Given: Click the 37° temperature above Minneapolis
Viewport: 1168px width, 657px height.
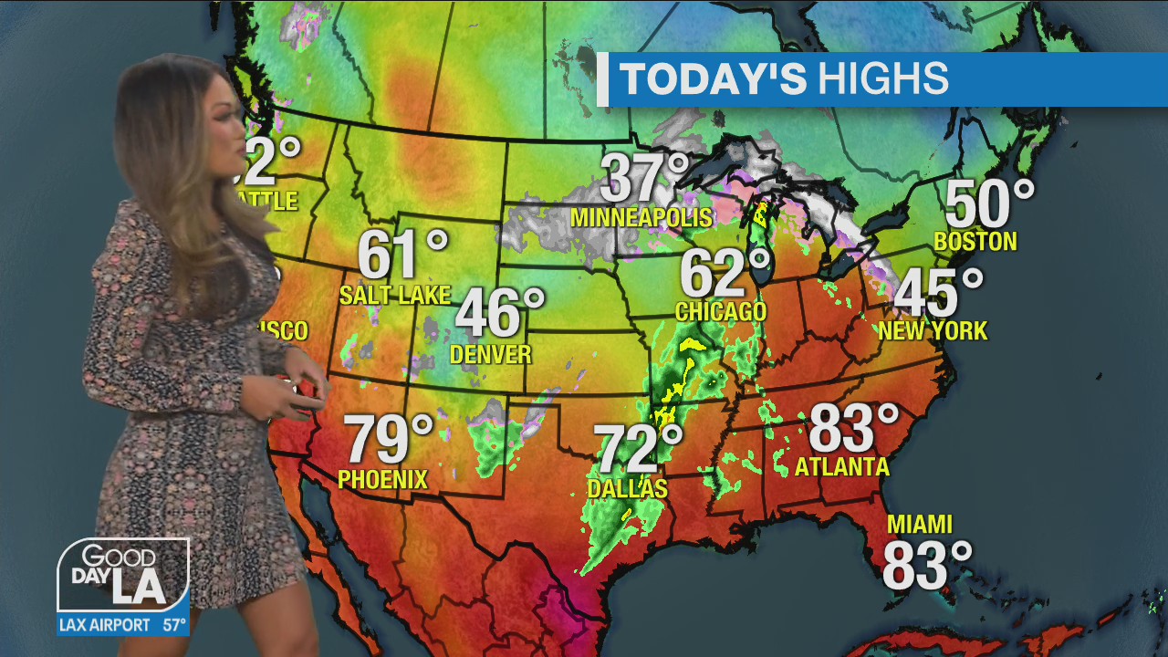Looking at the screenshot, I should pos(644,179).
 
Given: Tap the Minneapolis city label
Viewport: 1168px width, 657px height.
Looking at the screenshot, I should pos(641,218).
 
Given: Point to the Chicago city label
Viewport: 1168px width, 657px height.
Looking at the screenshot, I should pos(720,312).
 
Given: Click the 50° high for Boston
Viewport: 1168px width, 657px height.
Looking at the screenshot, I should pos(988,204).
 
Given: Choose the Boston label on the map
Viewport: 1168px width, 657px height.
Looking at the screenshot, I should pos(975,242).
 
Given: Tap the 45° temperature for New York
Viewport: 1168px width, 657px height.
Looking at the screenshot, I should pos(937,295).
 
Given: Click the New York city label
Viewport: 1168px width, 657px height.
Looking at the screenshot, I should pos(933,330).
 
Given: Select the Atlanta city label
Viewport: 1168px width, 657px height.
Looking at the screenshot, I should pos(841,467).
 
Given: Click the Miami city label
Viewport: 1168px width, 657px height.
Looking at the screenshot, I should pos(920,525).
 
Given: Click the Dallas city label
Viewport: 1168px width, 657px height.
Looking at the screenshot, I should pos(627,489).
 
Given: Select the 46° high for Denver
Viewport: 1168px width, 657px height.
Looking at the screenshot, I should pos(498,314).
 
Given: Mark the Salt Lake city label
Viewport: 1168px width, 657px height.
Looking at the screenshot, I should pos(394,295).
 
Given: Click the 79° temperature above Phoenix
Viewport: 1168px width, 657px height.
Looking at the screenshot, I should pos(388,440).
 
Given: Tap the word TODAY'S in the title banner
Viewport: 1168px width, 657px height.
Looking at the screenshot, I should pos(713,79).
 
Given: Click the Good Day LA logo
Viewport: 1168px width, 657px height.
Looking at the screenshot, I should pos(123,575).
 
